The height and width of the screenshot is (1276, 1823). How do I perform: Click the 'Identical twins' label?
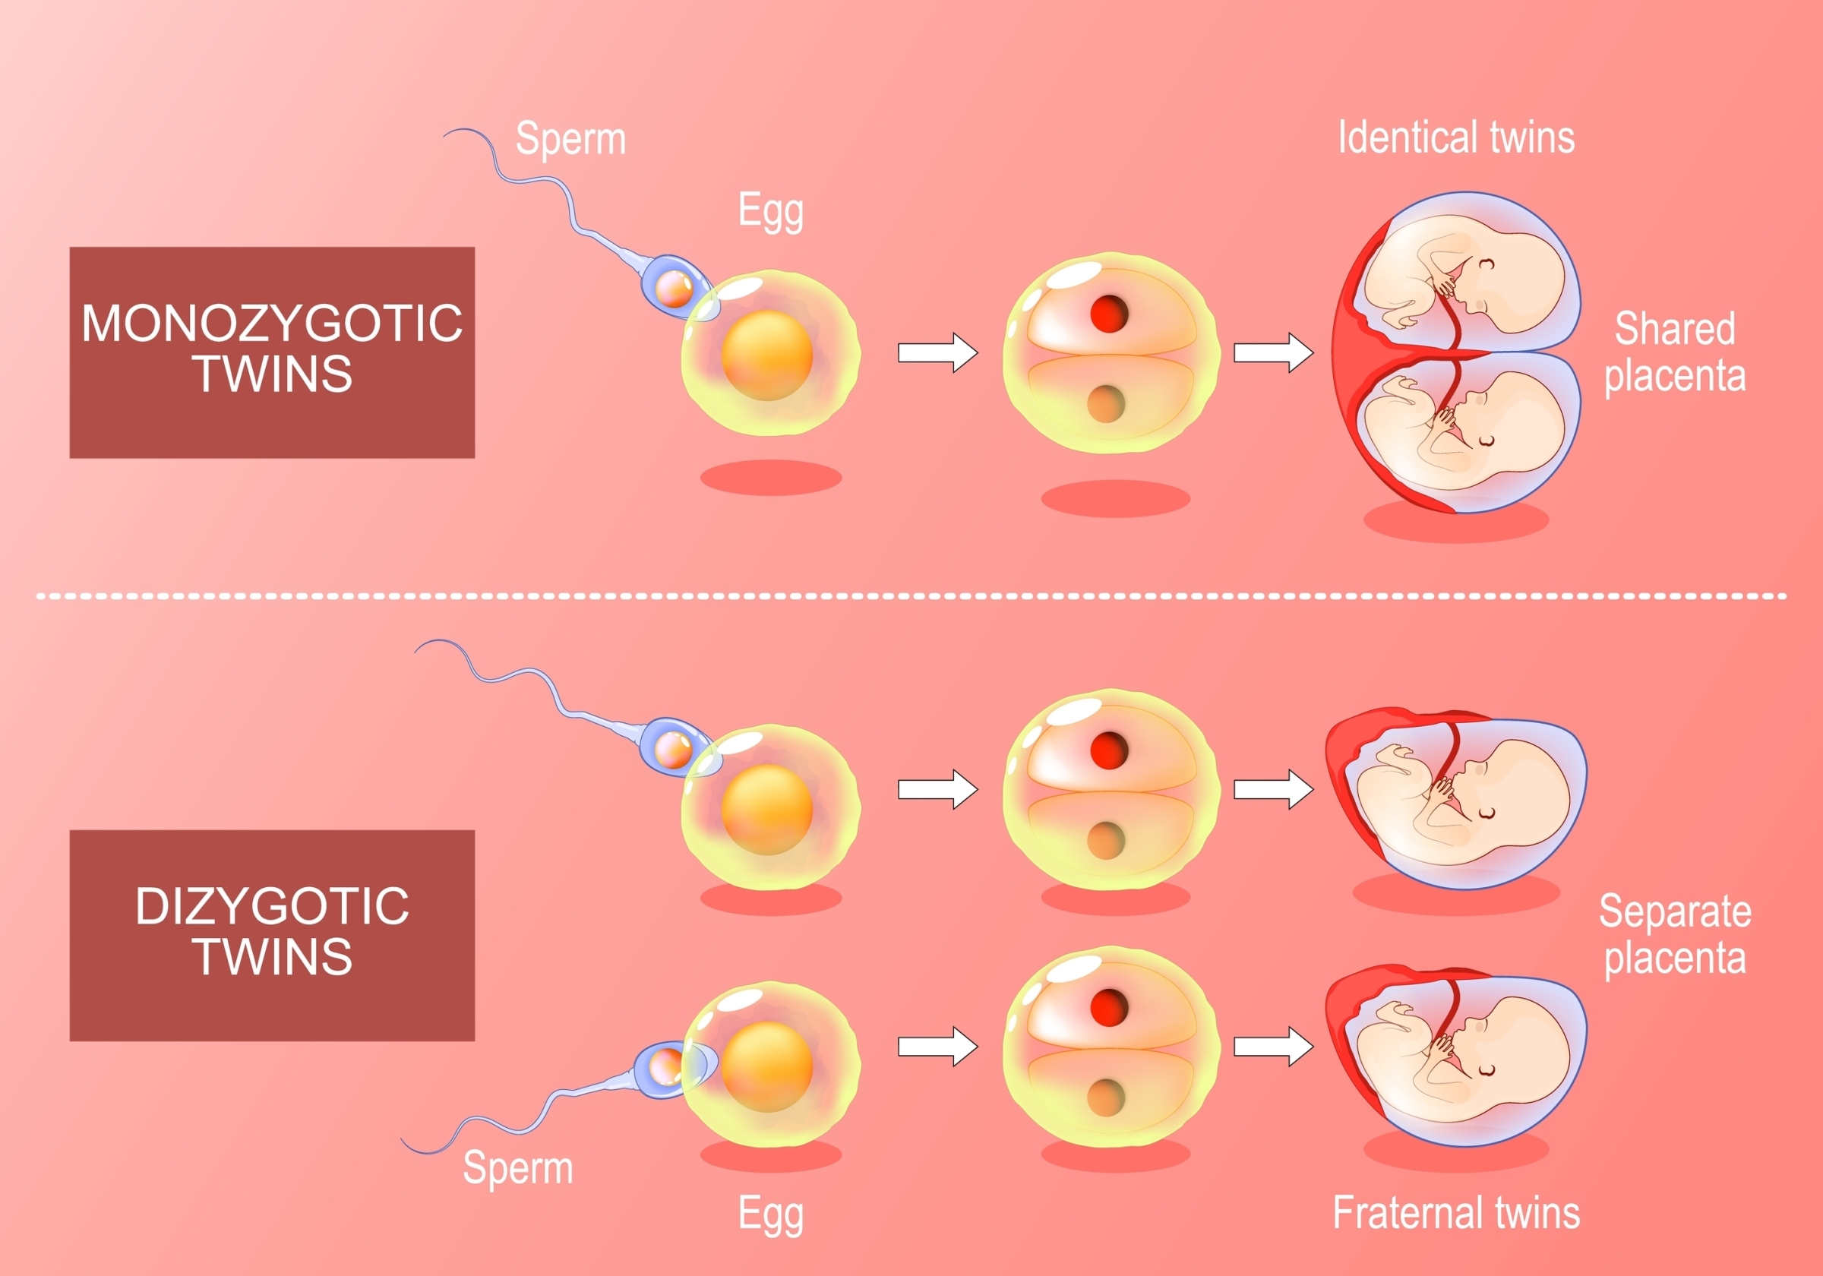[1455, 137]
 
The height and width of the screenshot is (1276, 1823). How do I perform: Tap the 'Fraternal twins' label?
[1455, 1212]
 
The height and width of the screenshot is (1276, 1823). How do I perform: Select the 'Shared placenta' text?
[1675, 352]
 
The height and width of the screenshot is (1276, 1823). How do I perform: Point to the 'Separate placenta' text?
[1675, 933]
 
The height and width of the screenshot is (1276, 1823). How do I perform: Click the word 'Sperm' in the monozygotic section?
[570, 139]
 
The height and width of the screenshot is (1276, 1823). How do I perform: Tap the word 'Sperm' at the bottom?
[518, 1167]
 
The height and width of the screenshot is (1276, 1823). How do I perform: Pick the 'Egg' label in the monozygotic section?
[770, 210]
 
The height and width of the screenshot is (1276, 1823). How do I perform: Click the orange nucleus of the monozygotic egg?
[766, 355]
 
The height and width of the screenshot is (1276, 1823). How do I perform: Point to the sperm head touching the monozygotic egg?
[675, 288]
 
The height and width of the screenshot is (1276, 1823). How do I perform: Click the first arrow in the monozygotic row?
[937, 352]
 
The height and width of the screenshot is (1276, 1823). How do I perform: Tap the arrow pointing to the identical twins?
[1272, 352]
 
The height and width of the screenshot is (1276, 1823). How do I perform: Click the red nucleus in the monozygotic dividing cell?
[1108, 313]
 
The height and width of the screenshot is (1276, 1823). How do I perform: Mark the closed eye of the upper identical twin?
[1486, 264]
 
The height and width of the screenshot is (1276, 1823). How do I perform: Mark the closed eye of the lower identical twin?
[1486, 441]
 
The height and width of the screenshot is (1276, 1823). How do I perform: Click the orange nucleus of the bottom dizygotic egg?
[766, 1066]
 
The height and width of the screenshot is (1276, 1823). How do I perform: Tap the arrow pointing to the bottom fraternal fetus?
[1272, 1046]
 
